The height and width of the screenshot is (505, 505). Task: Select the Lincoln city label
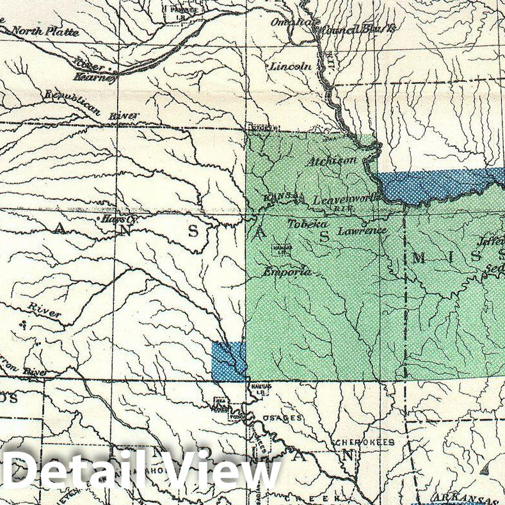(x=291, y=66)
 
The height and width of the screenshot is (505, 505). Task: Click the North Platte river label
(x=45, y=31)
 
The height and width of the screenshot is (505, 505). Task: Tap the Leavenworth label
(x=346, y=200)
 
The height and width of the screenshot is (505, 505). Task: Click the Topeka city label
(x=307, y=225)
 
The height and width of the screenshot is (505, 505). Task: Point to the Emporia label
(x=287, y=272)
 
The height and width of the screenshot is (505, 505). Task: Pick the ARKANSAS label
(x=463, y=498)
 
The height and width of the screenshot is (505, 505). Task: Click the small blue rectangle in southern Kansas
(x=228, y=361)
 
